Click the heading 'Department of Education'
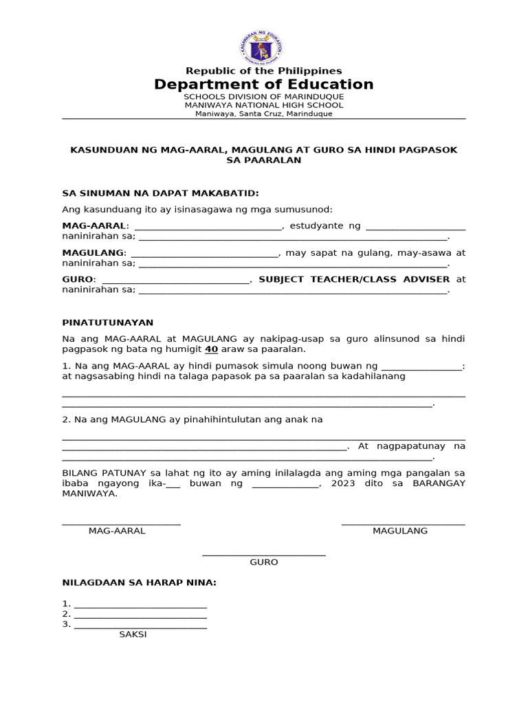[263, 85]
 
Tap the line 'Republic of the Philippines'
[263, 71]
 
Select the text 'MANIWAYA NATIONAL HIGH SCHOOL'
[263, 105]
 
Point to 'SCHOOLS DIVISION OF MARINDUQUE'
[263, 97]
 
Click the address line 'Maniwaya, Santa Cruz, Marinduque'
[263, 113]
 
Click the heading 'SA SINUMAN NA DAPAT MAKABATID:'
[161, 194]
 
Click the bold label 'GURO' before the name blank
[78, 280]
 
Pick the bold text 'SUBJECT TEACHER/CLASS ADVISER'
[354, 280]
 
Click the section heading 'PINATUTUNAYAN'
[108, 322]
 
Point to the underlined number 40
[211, 349]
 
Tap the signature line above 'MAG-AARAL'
[121, 525]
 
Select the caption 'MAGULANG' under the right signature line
[400, 531]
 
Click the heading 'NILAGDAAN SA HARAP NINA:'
[140, 583]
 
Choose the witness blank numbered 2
[140, 615]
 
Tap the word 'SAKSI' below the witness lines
[133, 635]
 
